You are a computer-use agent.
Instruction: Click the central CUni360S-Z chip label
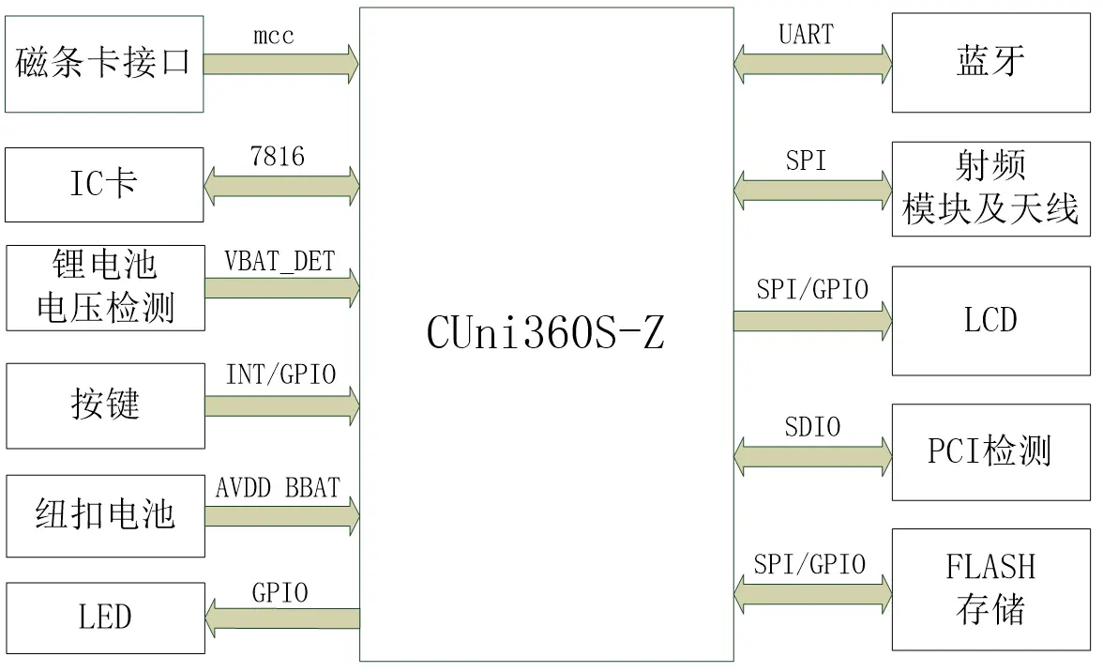545,332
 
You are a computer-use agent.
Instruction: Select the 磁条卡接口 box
104,64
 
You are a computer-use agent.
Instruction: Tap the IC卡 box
104,185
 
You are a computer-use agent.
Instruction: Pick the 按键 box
105,406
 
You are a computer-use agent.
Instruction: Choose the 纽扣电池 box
105,516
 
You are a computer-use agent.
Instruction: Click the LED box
105,618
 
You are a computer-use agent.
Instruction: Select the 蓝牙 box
991,63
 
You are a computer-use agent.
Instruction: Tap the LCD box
991,321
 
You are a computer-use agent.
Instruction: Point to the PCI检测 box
991,452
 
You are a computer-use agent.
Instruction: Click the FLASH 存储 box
991,589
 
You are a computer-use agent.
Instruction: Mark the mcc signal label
274,35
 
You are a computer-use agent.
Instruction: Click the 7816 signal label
278,156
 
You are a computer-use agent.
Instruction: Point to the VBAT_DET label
280,262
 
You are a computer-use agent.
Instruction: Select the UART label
807,35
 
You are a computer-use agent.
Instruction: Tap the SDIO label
812,426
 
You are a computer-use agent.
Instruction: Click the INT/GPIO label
280,374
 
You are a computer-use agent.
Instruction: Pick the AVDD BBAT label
278,488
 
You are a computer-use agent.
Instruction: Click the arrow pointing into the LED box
282,619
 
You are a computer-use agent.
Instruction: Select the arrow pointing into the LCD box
812,321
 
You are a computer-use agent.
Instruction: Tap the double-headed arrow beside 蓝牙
812,64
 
